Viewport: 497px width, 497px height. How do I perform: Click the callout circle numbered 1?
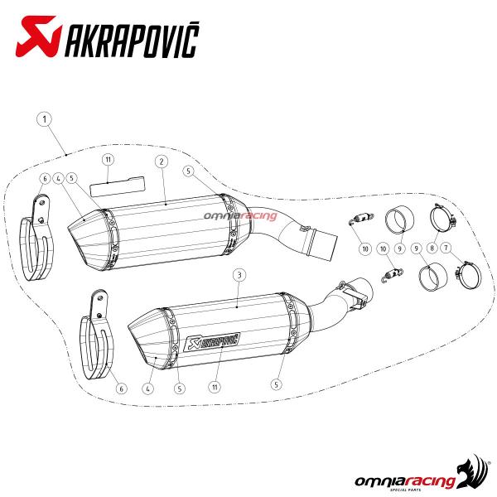45,119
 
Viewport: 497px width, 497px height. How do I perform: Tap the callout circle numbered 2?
162,162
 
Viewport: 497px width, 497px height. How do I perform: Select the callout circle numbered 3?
239,275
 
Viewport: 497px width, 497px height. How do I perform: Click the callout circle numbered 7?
446,248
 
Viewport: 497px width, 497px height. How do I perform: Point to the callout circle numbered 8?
432,248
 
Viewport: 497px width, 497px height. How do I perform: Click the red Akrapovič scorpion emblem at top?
38,36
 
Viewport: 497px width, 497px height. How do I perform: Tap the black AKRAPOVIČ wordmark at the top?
132,40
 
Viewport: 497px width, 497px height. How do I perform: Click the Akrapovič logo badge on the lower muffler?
212,341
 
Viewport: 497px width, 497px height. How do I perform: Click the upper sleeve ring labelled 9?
400,220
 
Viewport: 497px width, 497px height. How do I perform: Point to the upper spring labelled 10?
361,219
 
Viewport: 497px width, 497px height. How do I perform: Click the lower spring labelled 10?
392,274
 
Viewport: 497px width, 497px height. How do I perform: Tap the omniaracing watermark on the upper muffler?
240,216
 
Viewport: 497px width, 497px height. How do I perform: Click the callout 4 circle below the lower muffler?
148,388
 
